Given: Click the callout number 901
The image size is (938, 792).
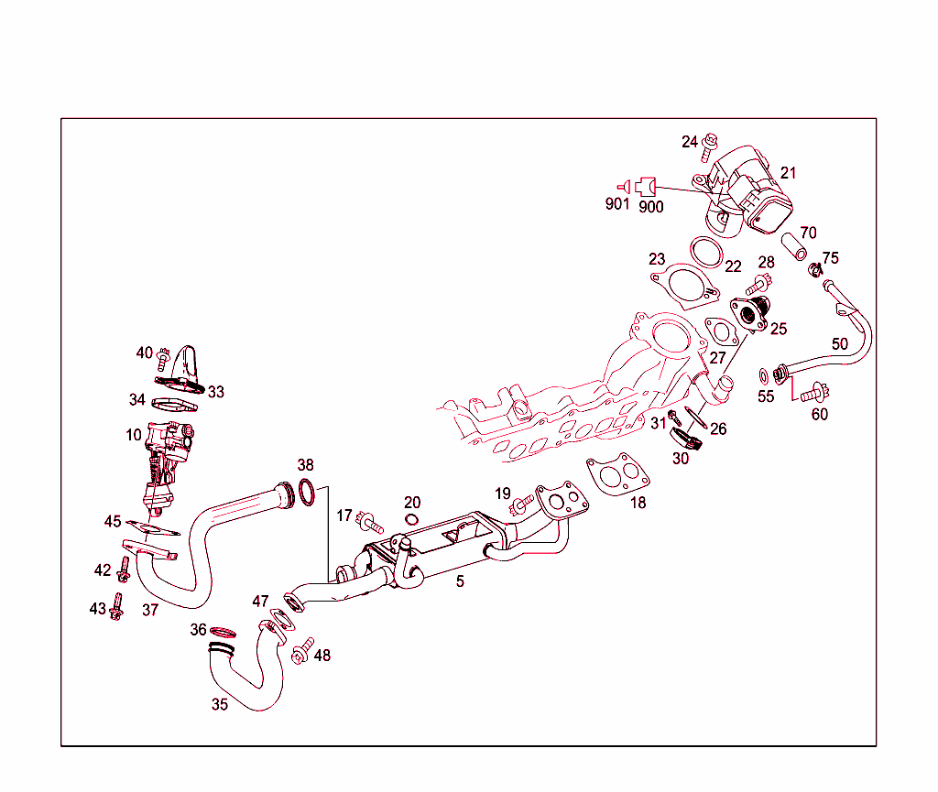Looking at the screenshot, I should [x=617, y=204].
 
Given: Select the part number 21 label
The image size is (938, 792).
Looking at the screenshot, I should [x=789, y=173].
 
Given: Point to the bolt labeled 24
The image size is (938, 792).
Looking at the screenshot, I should [x=710, y=146].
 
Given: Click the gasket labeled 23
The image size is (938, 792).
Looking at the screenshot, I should [x=682, y=283].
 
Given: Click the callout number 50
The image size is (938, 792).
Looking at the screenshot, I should [x=840, y=344].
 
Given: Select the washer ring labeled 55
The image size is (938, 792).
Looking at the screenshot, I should [x=763, y=374].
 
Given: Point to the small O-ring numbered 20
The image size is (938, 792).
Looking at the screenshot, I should [x=411, y=520].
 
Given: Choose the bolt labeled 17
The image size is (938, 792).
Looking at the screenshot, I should [x=370, y=523].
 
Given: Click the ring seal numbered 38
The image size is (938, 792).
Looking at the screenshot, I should [x=310, y=493].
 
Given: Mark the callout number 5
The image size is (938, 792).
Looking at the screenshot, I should [x=460, y=581].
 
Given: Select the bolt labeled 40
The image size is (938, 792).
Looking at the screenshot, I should [x=165, y=354].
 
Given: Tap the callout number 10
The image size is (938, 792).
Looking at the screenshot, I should [x=135, y=434].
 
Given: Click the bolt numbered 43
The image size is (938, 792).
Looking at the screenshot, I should [x=116, y=607].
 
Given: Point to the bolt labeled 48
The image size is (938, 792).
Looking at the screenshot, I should [x=301, y=652].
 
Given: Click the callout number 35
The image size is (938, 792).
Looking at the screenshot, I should [x=220, y=704].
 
